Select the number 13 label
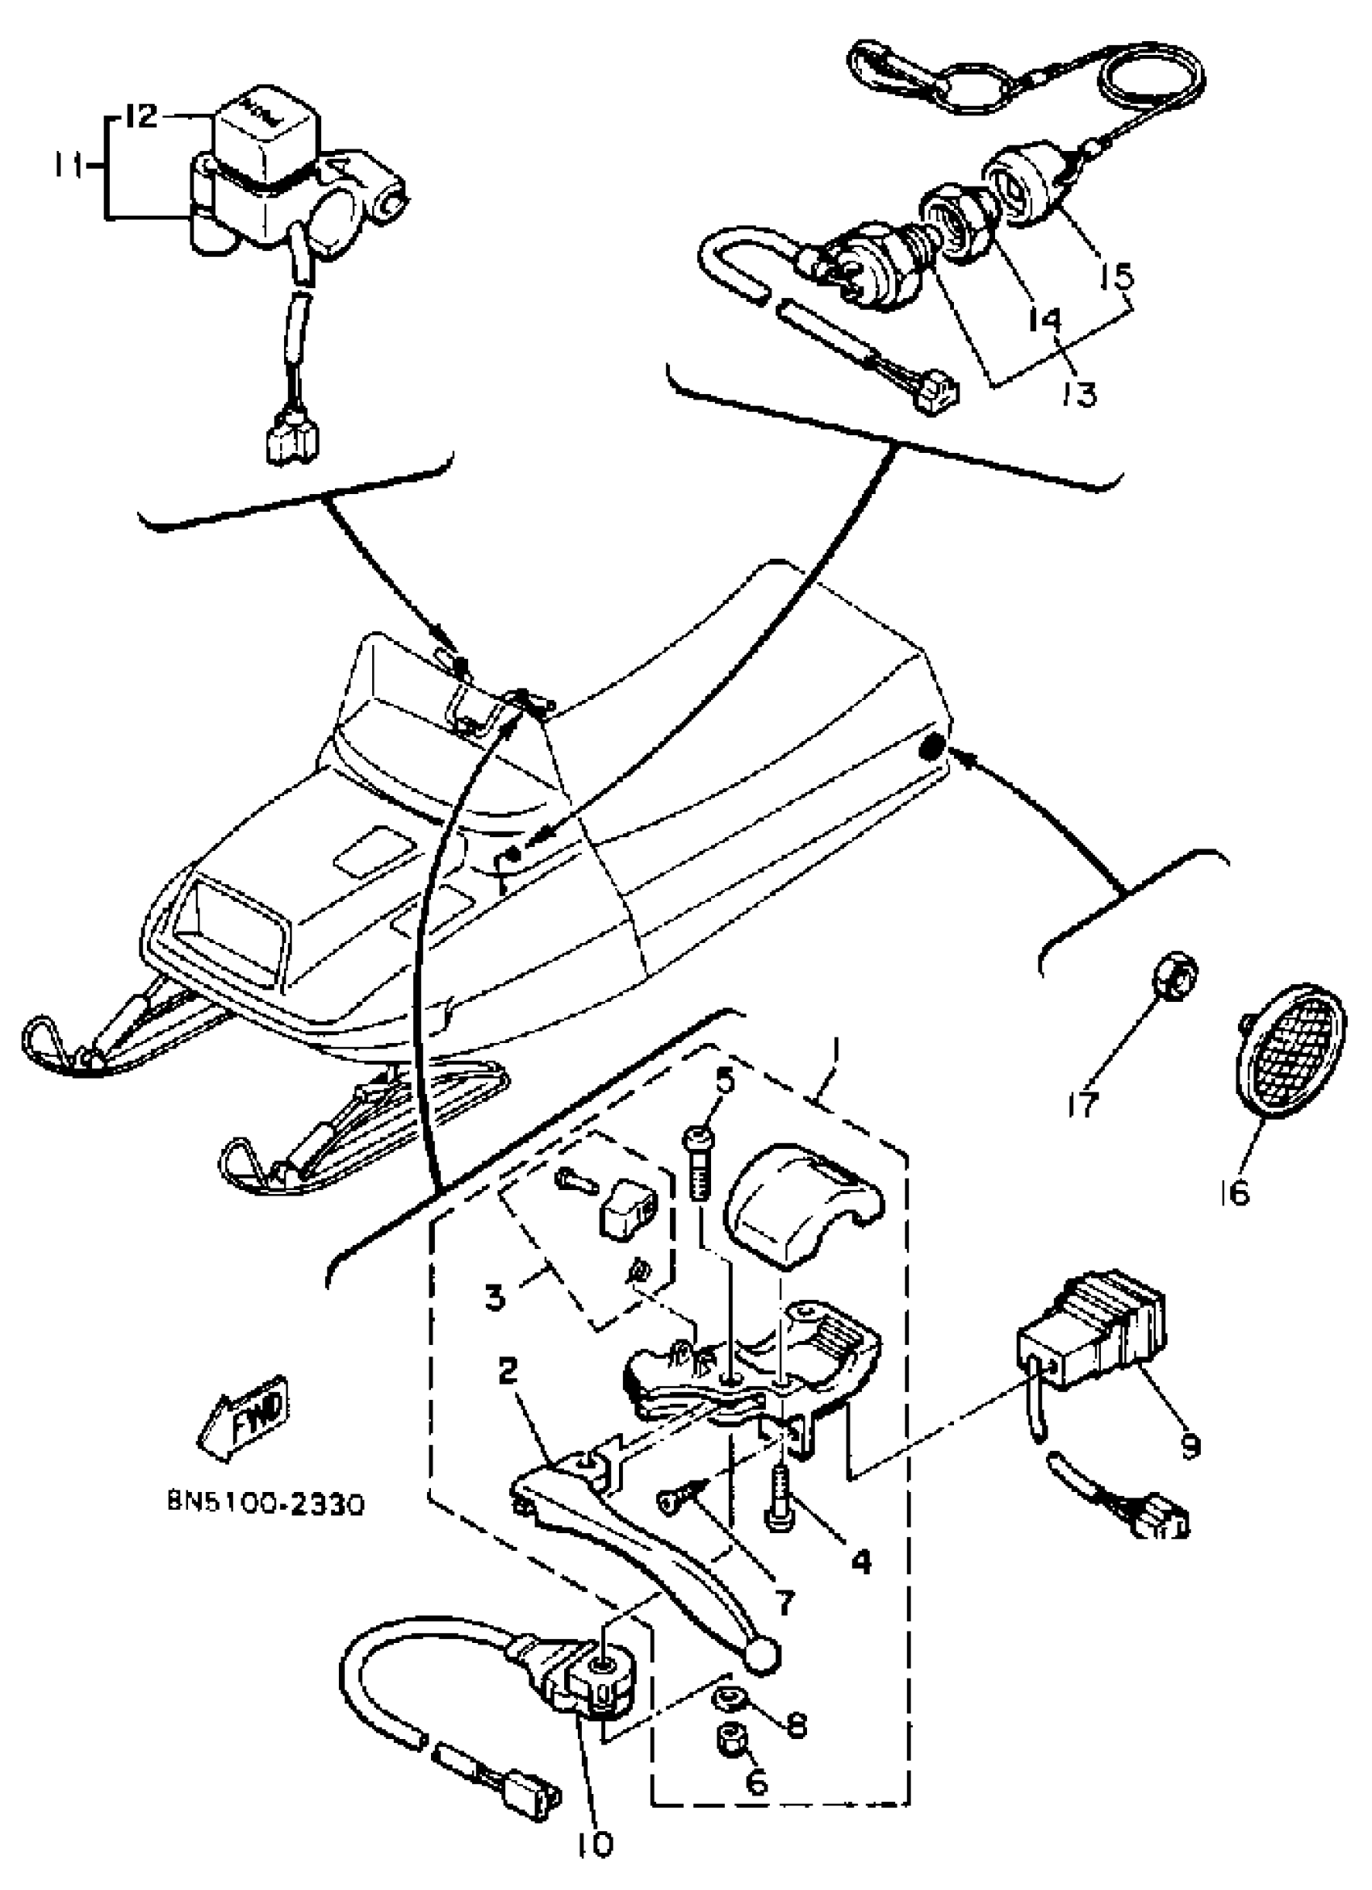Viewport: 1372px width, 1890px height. tap(1081, 392)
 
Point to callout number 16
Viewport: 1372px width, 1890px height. tap(1238, 1193)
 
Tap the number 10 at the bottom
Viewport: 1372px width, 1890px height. tap(593, 1844)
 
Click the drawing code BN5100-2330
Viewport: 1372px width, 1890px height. tap(265, 1505)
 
